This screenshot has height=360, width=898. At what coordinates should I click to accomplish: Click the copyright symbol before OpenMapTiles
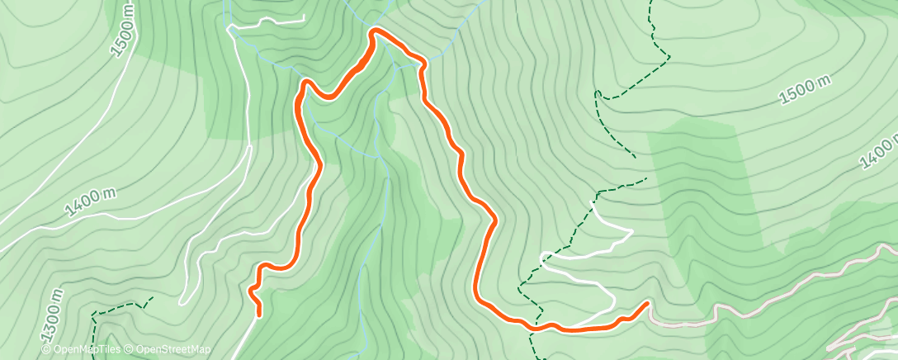46,350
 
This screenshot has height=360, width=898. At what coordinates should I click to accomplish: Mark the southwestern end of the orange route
259,314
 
